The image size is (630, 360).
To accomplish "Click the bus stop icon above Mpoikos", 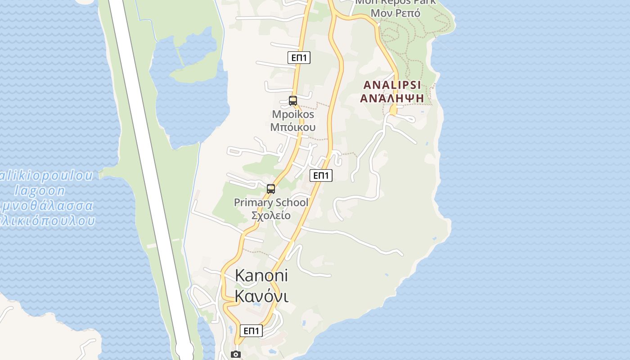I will (x=293, y=101).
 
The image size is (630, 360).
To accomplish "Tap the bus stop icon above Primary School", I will (x=271, y=189).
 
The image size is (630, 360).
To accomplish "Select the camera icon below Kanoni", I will (x=236, y=354).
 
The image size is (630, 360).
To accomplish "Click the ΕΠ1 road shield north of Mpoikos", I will (x=299, y=58).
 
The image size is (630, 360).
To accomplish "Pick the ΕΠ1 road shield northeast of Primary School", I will (x=321, y=175).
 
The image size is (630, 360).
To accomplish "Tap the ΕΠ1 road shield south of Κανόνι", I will (x=251, y=331).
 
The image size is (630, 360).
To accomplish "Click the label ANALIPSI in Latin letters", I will (x=392, y=85).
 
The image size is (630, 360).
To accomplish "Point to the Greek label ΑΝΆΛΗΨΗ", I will (x=392, y=98).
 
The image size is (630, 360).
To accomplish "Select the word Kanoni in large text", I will (x=261, y=275).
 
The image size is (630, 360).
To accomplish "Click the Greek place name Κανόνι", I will (x=261, y=296).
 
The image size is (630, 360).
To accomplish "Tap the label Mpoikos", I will (x=293, y=114).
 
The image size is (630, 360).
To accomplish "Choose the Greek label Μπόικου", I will (x=293, y=127).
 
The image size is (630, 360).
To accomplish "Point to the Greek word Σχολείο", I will (x=270, y=215).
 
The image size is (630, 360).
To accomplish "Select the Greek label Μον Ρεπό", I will (x=396, y=13).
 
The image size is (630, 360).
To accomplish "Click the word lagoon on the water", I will (x=40, y=190).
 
